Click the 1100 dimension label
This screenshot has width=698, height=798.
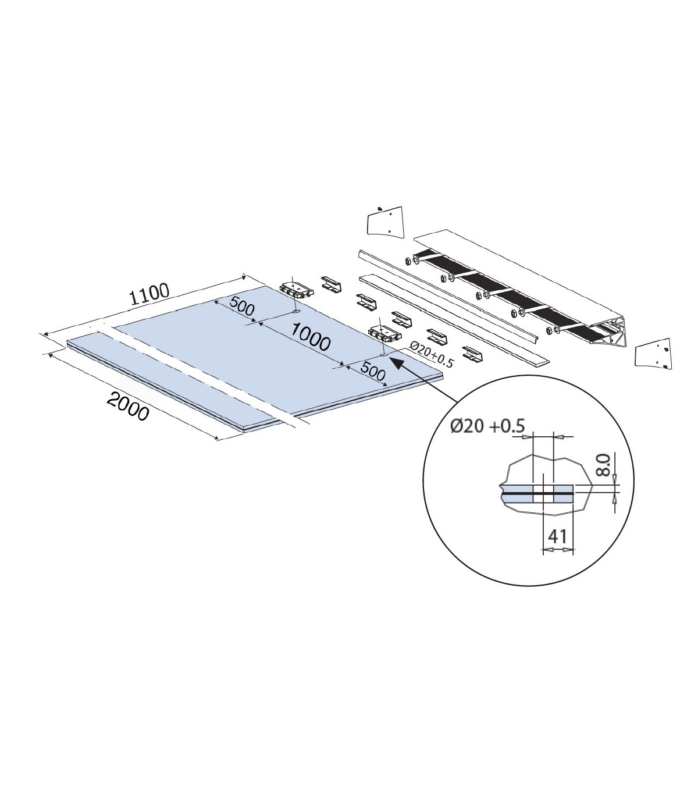tap(149, 293)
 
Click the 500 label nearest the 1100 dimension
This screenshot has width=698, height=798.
tap(241, 306)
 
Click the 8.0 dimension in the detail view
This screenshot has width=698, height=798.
tap(603, 465)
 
